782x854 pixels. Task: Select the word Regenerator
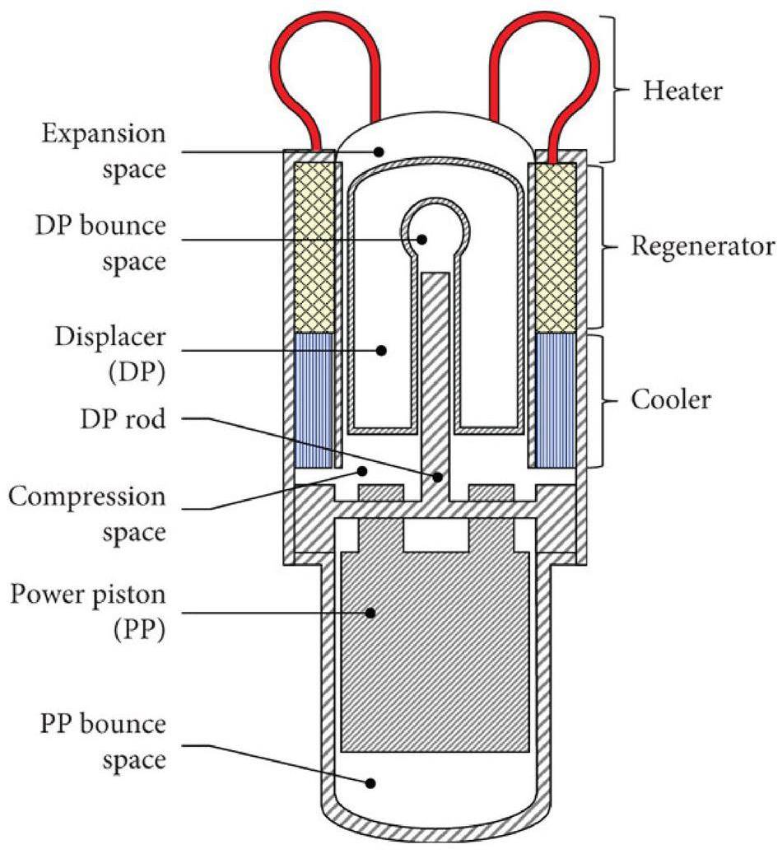pos(704,246)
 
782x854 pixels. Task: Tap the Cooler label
pos(670,400)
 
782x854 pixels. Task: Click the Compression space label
pos(87,516)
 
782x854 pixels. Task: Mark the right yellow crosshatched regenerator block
pos(556,247)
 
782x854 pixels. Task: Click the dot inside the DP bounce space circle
pos(421,239)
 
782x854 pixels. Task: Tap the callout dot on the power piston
pos(371,612)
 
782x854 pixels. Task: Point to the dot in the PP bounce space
pos(371,783)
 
